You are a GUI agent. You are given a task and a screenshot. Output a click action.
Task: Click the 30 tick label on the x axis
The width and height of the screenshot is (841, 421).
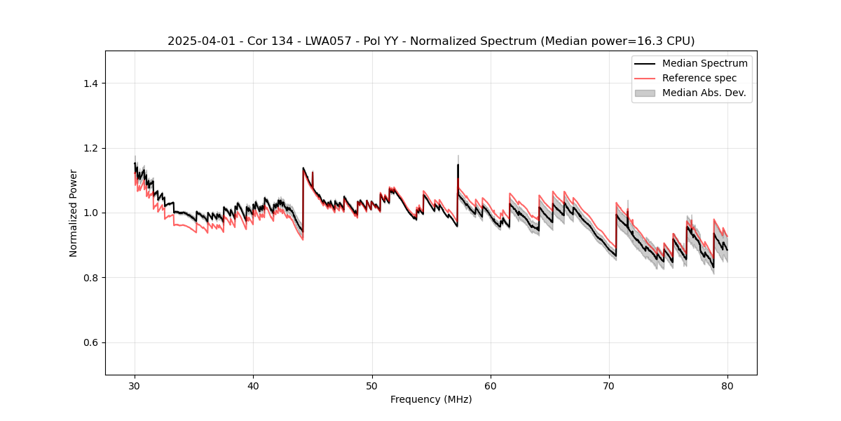click(x=135, y=385)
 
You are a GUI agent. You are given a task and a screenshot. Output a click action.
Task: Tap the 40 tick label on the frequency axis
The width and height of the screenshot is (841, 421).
click(x=253, y=385)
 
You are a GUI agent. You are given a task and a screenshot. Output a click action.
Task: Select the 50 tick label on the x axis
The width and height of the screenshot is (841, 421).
click(x=371, y=385)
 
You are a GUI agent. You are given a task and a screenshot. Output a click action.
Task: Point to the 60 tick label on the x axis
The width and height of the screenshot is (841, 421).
click(x=491, y=385)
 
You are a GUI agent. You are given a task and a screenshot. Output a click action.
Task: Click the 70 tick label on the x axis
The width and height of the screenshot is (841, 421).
click(x=609, y=385)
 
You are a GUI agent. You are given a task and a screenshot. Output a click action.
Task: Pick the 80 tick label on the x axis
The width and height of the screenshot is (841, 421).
click(x=727, y=385)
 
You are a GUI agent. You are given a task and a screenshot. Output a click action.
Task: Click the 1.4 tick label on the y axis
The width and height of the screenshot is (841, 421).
click(x=90, y=83)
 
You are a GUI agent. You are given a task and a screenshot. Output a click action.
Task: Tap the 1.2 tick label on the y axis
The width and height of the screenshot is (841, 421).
click(x=90, y=148)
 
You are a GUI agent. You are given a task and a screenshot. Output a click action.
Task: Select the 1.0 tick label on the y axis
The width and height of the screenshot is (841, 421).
click(x=90, y=213)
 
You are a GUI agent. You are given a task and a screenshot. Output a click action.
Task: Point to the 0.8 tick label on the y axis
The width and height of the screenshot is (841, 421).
click(x=90, y=278)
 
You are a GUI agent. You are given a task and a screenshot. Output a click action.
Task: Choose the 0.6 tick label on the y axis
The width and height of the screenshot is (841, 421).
click(x=90, y=342)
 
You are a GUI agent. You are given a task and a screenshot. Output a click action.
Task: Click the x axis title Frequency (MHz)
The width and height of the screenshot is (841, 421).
click(x=431, y=399)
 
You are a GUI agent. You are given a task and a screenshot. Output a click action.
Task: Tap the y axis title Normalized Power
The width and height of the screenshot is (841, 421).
click(x=74, y=213)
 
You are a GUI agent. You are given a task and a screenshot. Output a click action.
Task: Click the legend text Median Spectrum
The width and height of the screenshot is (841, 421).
click(x=704, y=63)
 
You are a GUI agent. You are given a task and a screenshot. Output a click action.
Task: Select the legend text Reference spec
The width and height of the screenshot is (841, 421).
click(x=699, y=78)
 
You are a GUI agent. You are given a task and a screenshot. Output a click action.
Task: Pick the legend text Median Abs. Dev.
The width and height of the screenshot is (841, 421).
click(x=704, y=93)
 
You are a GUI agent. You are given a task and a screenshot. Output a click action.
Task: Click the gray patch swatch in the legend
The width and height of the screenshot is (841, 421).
click(x=644, y=93)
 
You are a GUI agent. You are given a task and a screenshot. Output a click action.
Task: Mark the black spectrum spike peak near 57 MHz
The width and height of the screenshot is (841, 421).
click(x=458, y=165)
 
